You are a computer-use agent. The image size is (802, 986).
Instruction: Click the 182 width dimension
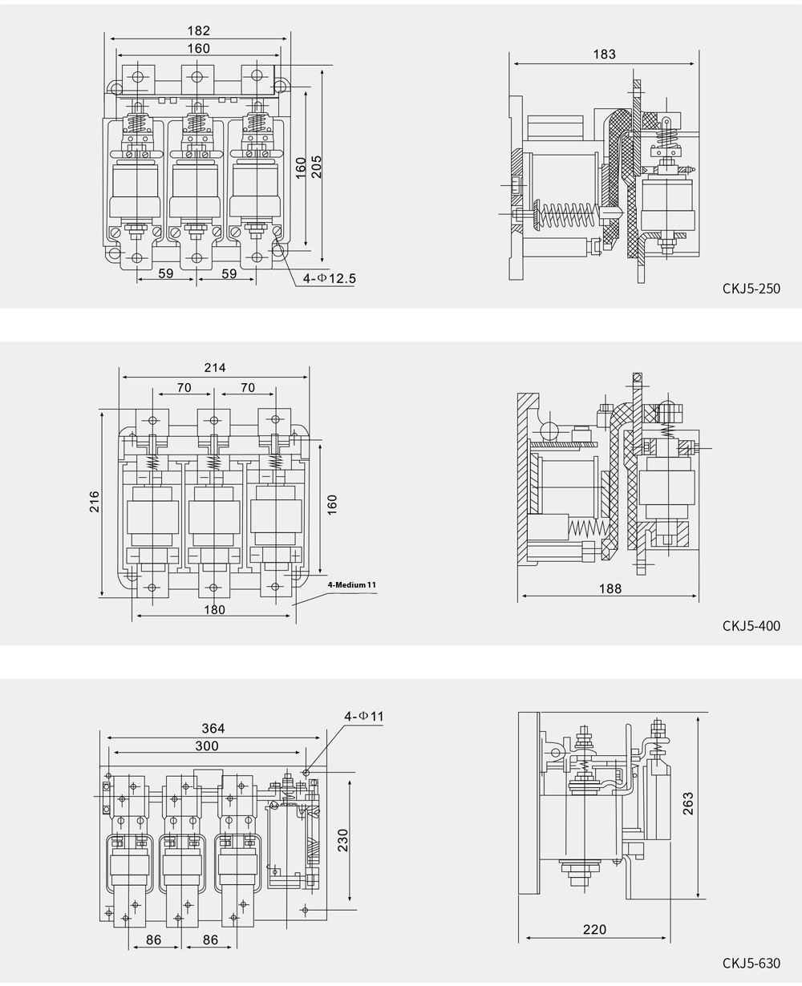click(x=198, y=31)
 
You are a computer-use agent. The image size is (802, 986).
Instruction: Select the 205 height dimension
click(x=318, y=167)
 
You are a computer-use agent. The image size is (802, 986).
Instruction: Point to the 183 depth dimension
click(x=605, y=55)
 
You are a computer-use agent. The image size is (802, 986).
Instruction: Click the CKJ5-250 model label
click(x=751, y=289)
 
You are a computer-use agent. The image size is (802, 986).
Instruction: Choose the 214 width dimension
click(x=214, y=368)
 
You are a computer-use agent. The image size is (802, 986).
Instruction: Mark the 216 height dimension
click(x=95, y=502)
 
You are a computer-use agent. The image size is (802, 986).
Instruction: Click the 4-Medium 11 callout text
click(x=352, y=585)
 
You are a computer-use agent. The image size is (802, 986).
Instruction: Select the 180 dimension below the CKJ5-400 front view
click(x=214, y=609)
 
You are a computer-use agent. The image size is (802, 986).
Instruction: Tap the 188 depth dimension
click(x=610, y=589)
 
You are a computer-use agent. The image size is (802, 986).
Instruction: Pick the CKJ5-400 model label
click(x=751, y=626)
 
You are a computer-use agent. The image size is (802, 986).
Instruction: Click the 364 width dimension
click(x=213, y=729)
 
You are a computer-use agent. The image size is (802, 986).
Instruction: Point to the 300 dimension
click(x=208, y=746)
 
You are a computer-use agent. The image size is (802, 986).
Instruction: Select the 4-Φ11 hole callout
click(x=363, y=715)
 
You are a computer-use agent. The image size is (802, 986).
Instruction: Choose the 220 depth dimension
click(x=594, y=930)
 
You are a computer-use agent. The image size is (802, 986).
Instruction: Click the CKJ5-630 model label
click(x=751, y=963)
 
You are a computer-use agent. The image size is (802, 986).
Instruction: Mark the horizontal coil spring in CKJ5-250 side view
click(x=566, y=216)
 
